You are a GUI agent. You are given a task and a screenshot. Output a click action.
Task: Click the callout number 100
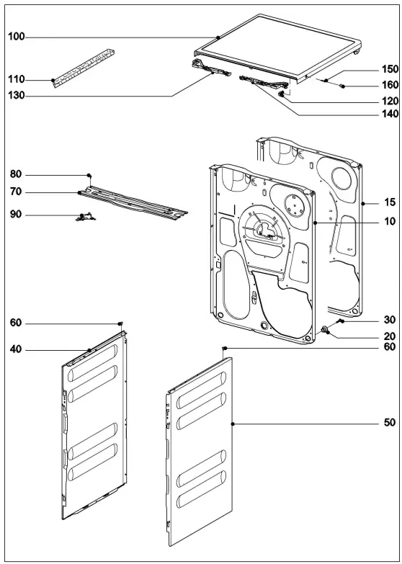click(x=15, y=35)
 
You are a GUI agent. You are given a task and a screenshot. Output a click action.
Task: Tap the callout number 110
click(x=15, y=79)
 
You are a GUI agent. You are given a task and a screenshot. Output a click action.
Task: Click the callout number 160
click(x=390, y=86)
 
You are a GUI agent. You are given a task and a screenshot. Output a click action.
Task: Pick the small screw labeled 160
click(x=343, y=86)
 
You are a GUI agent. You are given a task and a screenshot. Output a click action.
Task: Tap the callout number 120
click(x=390, y=101)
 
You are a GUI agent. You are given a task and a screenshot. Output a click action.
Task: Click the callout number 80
click(x=15, y=174)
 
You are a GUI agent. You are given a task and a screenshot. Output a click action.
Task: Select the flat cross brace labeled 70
click(x=133, y=201)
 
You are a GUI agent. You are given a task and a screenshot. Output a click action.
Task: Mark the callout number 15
click(x=390, y=204)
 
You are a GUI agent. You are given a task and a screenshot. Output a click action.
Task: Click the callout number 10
click(x=390, y=223)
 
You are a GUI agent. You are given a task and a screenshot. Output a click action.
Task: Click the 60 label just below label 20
click(x=390, y=347)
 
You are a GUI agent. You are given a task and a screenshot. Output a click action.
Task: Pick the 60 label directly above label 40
click(x=15, y=323)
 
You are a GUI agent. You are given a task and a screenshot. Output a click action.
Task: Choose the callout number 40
click(x=15, y=350)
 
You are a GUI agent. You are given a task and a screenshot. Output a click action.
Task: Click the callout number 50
click(x=390, y=424)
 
